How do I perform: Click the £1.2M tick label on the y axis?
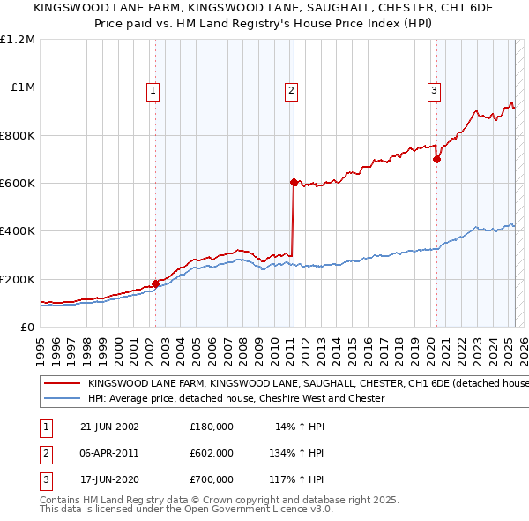[x=18, y=40]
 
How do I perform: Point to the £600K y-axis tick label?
[x=18, y=184]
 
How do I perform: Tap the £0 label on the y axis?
[x=27, y=328]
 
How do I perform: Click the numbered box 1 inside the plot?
[x=153, y=89]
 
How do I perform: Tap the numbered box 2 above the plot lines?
[x=291, y=89]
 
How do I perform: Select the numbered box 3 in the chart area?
[x=435, y=89]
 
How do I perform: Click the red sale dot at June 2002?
[x=156, y=283]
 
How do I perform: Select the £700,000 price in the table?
[x=211, y=479]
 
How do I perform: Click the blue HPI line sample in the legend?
[x=61, y=399]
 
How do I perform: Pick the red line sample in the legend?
[x=61, y=384]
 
